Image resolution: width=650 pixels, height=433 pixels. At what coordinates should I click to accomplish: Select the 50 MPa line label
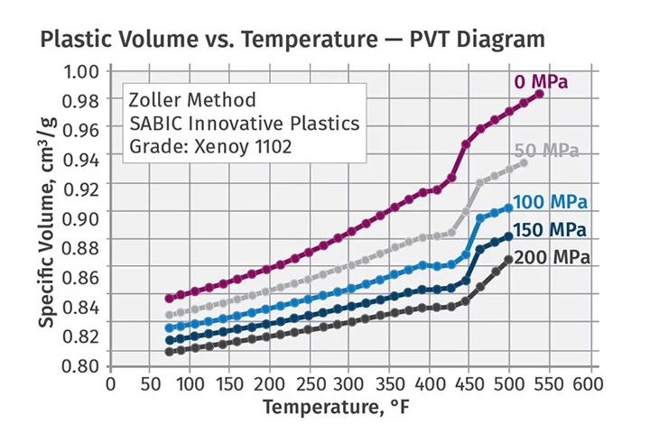point(546,151)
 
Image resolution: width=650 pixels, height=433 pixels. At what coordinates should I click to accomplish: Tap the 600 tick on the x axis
point(573,382)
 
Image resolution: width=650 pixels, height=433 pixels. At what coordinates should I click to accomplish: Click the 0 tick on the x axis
point(110,382)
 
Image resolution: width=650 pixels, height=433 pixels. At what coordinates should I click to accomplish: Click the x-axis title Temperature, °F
point(349,407)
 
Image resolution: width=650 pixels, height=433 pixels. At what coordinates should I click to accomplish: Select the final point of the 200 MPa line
point(509,260)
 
